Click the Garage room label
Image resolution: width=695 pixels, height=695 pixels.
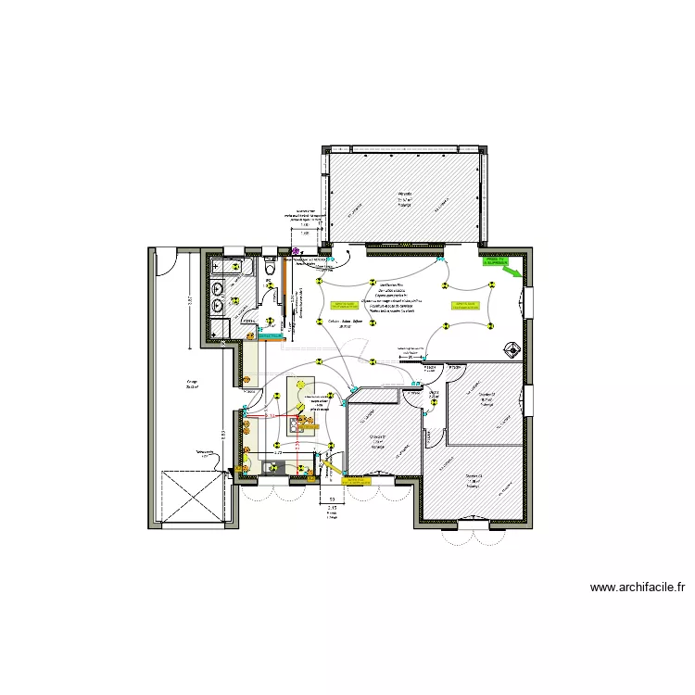[x=192, y=382]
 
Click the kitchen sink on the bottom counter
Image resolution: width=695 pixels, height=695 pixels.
[x=272, y=468]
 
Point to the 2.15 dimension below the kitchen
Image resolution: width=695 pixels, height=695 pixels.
[x=333, y=508]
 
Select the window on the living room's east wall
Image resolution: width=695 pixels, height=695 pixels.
[x=528, y=301]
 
